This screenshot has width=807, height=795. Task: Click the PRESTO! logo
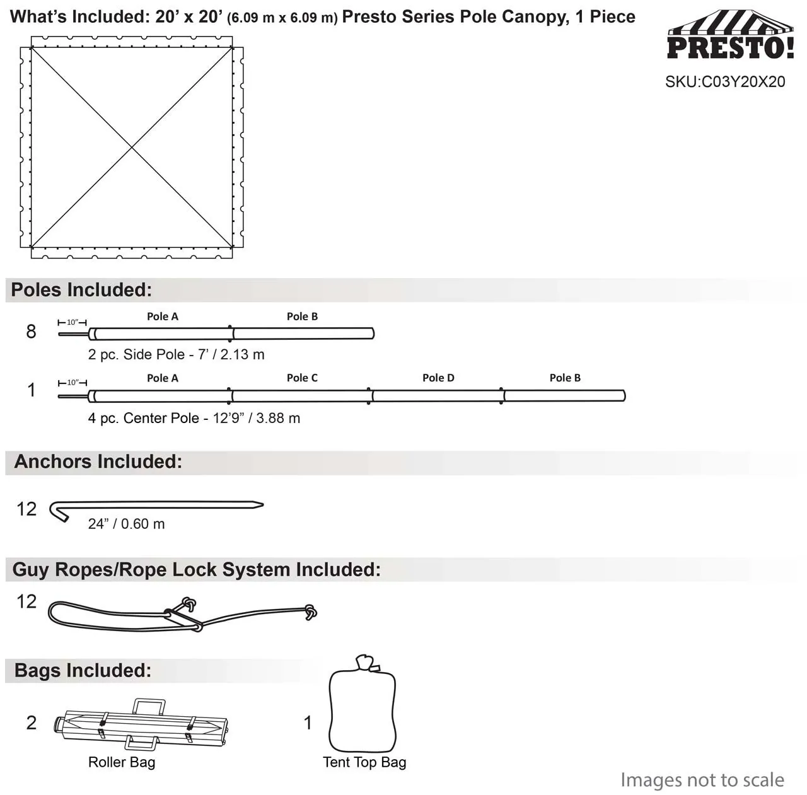730,37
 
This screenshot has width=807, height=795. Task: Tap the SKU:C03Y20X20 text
725,82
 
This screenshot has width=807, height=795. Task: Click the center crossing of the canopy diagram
132,148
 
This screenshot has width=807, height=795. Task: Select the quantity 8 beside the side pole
31,332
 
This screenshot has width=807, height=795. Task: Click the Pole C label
302,378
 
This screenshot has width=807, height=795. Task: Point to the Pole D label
438,378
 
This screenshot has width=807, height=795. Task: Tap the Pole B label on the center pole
565,378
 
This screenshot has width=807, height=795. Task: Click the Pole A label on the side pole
163,316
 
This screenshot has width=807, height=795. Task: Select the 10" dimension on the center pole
73,383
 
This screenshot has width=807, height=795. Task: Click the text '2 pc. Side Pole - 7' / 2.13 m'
176,355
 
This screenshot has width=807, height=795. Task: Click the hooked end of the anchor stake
59,512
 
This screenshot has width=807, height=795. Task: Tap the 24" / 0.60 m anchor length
126,525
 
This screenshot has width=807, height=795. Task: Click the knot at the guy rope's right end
310,612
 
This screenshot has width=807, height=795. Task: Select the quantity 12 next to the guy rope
26,601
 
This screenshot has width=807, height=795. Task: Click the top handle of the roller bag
149,706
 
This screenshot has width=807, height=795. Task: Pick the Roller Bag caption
122,763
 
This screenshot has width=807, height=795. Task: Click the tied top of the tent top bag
365,663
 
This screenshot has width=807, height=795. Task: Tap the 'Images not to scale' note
702,780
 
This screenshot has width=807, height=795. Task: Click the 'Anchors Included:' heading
98,462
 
